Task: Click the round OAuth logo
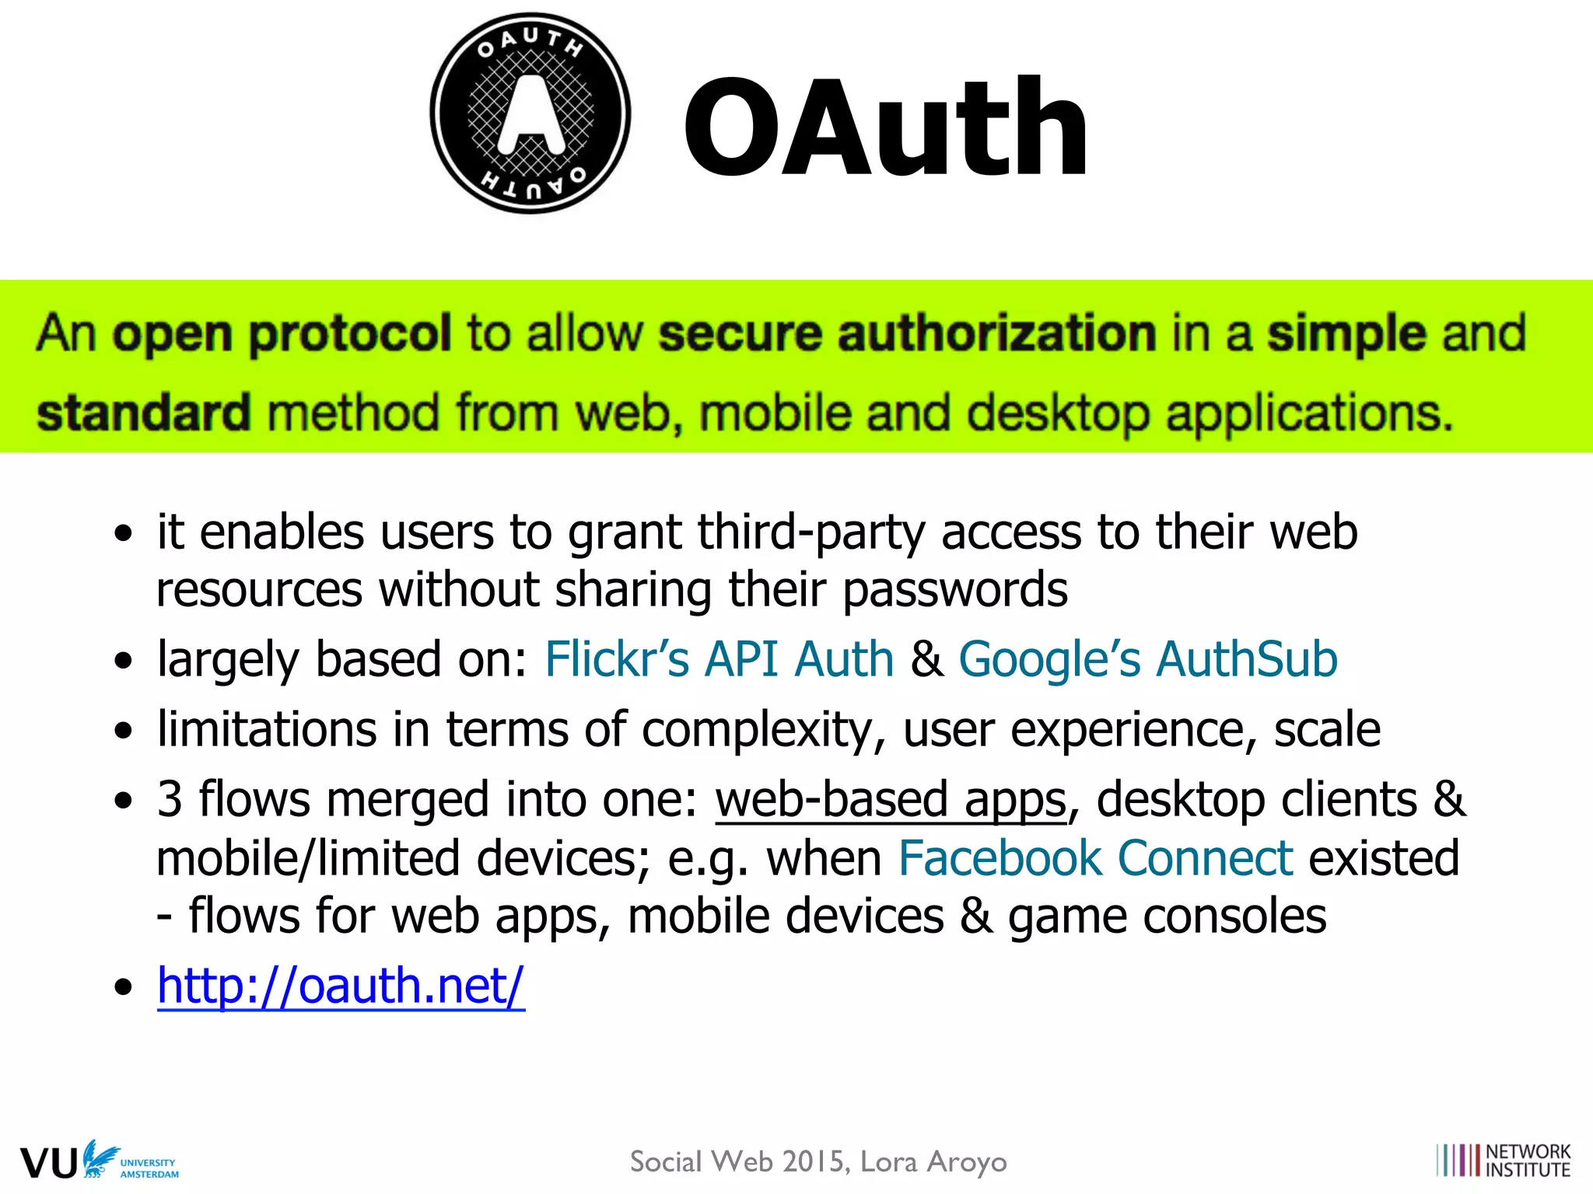coord(530,113)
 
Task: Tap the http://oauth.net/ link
coord(341,986)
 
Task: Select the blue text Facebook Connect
coord(1095,858)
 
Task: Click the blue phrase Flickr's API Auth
coord(719,659)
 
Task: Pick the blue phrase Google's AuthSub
coord(1147,659)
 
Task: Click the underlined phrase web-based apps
coord(891,800)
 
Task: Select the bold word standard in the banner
coord(144,413)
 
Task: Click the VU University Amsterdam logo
coord(99,1161)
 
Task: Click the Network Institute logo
coord(1503,1161)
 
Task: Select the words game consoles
coord(1167,916)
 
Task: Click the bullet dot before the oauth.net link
coord(123,987)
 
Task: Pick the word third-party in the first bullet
coord(811,533)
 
